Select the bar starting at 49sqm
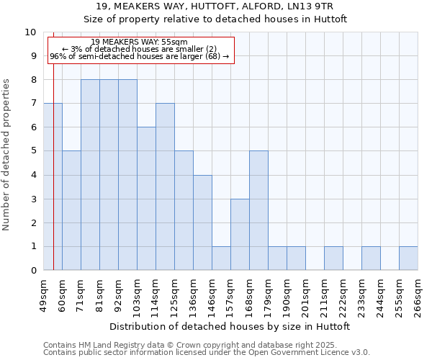coord(53,187)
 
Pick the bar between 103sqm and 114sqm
coord(146,199)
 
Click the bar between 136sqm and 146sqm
coord(202,222)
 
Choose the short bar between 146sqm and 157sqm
coord(221,258)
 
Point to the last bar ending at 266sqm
coord(408,258)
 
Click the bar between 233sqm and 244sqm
coord(371,258)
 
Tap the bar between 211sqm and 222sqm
coord(333,258)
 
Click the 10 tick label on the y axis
coord(30,32)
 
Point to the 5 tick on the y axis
coord(33,151)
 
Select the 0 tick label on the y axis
coord(33,271)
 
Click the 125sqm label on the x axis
coord(174,294)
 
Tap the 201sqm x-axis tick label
coord(305,294)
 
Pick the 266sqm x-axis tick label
coord(418,294)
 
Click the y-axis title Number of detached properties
coord(7,155)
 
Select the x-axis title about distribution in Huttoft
coord(230,326)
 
